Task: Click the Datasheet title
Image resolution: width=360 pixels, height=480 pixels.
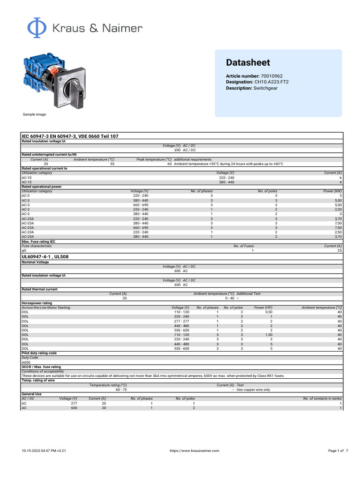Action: [x=248, y=62]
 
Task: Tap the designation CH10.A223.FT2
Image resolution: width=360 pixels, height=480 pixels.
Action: [x=271, y=82]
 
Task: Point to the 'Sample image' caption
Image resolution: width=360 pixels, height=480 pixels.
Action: [x=34, y=114]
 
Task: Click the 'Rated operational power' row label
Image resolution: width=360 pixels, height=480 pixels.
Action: [x=41, y=187]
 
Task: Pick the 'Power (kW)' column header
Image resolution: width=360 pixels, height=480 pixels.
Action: [x=332, y=191]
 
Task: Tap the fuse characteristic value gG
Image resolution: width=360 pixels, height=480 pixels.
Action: [x=24, y=251]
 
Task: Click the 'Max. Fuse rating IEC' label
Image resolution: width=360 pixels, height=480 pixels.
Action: [x=42, y=241]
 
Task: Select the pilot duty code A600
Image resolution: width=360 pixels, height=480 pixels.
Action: [x=26, y=362]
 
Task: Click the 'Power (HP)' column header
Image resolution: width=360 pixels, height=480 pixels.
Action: [x=263, y=307]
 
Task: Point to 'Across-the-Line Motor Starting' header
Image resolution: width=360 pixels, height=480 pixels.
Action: [x=46, y=307]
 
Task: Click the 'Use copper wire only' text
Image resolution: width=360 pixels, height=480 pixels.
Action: [x=253, y=390]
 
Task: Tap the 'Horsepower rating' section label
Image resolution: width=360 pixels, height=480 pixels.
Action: [x=38, y=303]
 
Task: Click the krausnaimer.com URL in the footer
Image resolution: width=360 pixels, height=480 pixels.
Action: [x=194, y=450]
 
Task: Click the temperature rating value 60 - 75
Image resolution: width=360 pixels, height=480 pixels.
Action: [x=121, y=390]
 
